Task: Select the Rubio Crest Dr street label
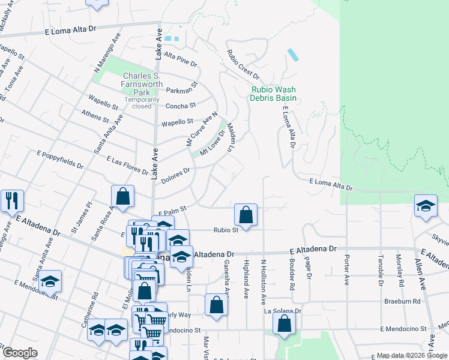[x=243, y=65]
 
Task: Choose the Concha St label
[x=181, y=106]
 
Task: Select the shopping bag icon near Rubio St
[x=246, y=214]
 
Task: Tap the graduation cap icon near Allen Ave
[x=425, y=205]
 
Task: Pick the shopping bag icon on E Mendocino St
[x=284, y=323]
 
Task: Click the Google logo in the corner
[x=20, y=353]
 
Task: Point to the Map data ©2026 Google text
[x=411, y=355]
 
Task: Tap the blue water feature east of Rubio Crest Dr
[x=294, y=55]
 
